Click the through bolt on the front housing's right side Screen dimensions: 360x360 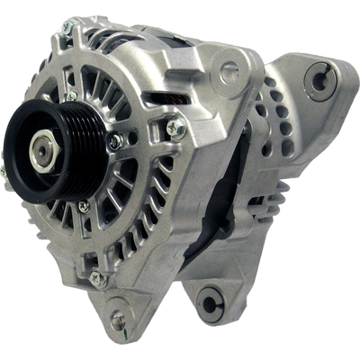pos(176,128)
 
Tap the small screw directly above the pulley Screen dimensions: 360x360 pos(71,94)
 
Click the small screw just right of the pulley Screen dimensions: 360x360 pos(114,141)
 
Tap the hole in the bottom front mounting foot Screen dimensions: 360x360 pos(118,318)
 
